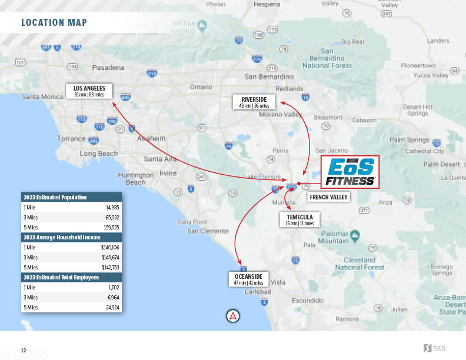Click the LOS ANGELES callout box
[x=89, y=91]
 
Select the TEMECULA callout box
[x=299, y=220]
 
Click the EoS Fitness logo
[x=349, y=172]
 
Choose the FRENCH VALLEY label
[x=328, y=197]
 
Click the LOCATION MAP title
[x=54, y=23]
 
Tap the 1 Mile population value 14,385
[x=112, y=208]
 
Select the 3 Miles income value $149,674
[x=110, y=257]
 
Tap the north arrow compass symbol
[x=234, y=316]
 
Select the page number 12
[x=24, y=351]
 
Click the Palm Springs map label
[x=410, y=139]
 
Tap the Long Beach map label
[x=99, y=154]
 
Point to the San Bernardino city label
[x=269, y=76]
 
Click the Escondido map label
[x=307, y=300]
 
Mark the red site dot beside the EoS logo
[x=299, y=184]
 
